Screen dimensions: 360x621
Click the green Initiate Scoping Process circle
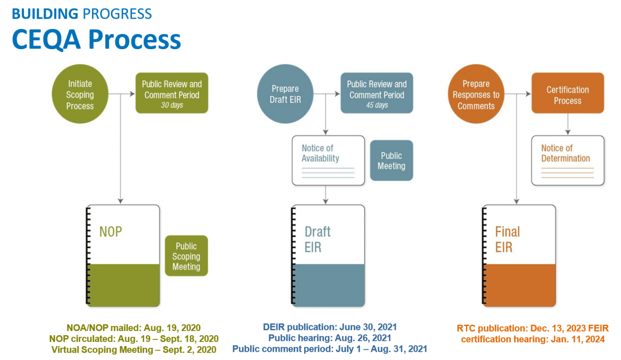click(x=80, y=95)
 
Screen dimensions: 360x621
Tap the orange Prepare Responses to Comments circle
click(x=476, y=95)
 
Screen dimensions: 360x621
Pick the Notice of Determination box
click(x=568, y=160)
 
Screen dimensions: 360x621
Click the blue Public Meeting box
click(x=391, y=160)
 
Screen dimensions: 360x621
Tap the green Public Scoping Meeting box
click(x=186, y=256)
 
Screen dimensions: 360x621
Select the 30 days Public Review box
click(x=172, y=94)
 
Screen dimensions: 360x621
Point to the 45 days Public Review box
click(x=377, y=94)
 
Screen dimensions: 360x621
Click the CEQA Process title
click(x=96, y=39)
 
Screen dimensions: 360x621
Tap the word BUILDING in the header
click(x=44, y=13)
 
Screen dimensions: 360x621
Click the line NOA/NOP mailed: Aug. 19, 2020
click(x=134, y=328)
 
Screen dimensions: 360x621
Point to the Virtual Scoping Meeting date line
click(x=134, y=350)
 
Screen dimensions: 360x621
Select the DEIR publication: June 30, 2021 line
click(x=330, y=327)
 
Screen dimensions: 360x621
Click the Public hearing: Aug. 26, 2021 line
click(x=330, y=338)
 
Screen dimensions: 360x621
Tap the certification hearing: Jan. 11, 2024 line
click(x=533, y=339)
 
